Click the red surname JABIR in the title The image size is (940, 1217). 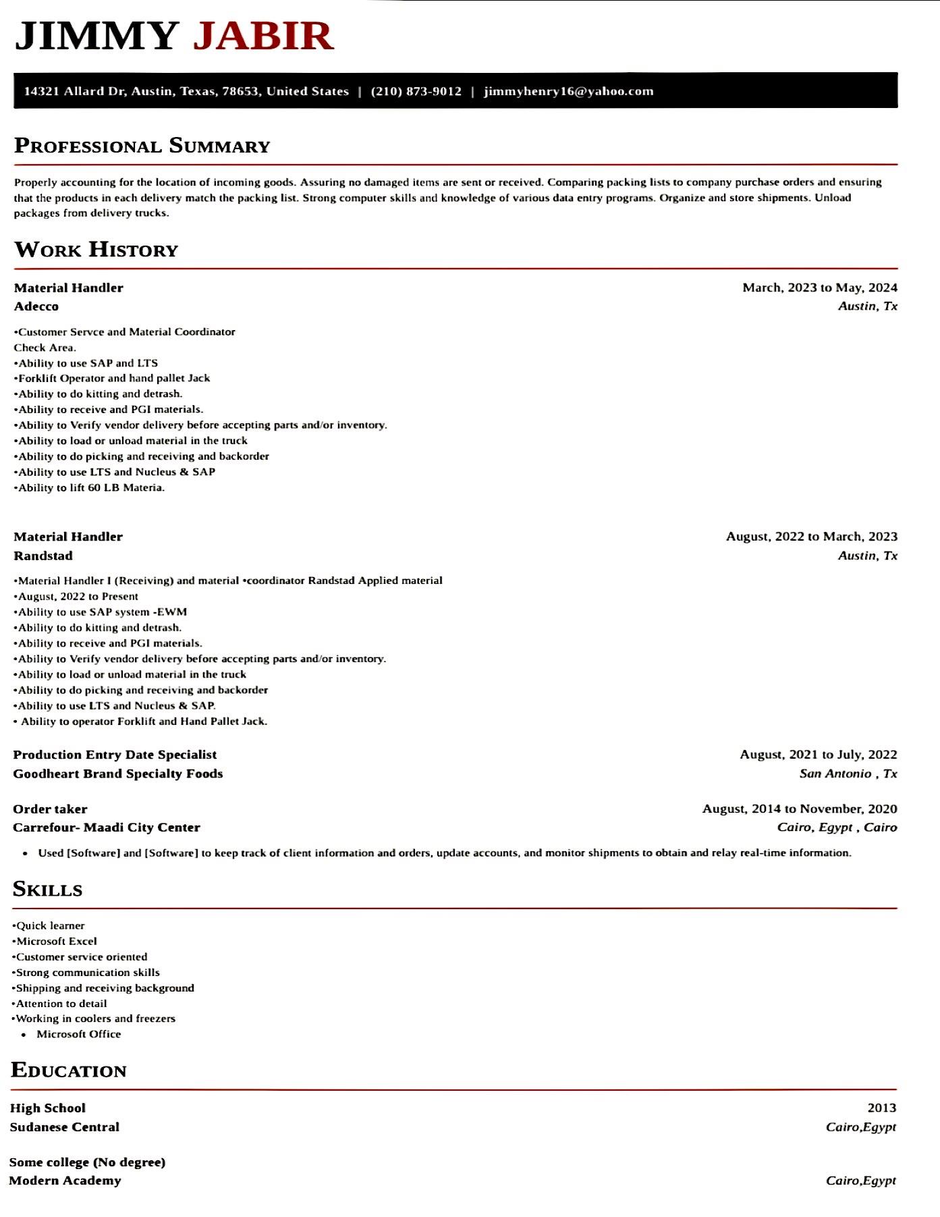263,36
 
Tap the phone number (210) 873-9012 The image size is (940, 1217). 416,91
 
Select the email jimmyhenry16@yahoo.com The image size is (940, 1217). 568,91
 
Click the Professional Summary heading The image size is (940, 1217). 142,146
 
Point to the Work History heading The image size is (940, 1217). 96,250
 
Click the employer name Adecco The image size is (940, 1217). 36,306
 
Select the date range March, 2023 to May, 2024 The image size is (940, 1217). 819,288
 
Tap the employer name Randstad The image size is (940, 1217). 43,556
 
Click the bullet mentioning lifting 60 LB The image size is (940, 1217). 90,487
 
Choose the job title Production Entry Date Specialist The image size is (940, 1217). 115,755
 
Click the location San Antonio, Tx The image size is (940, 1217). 848,774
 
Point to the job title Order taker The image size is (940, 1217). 50,809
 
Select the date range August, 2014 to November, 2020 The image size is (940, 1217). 799,809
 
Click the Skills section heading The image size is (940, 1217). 47,889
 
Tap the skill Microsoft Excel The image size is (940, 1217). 56,941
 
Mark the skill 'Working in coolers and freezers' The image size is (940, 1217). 94,1019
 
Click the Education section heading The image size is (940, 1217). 69,1071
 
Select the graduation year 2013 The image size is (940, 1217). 881,1108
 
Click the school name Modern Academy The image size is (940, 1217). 65,1181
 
